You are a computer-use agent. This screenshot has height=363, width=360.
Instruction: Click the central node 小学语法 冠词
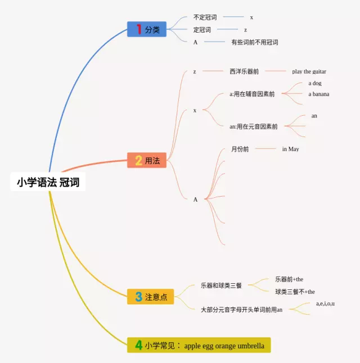tap(48, 182)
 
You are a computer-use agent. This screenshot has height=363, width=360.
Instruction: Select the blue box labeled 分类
tap(147, 29)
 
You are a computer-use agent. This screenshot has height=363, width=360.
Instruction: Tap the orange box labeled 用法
tap(147, 161)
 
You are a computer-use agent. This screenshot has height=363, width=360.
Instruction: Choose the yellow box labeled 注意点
tap(151, 297)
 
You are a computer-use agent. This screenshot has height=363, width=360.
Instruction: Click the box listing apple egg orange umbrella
tap(199, 346)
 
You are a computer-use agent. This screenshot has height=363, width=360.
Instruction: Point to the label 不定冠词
tap(205, 17)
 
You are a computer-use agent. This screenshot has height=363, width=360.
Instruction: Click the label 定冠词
tap(202, 30)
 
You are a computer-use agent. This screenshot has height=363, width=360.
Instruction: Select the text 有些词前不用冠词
tap(254, 42)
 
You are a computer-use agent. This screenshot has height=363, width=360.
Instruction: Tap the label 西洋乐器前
tap(244, 71)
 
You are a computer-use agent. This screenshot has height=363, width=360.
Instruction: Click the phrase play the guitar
tap(309, 71)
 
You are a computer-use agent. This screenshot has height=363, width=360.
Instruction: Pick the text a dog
tap(315, 83)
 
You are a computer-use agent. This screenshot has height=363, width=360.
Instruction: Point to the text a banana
tap(318, 94)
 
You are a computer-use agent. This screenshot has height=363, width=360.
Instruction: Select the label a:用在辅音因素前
tap(252, 94)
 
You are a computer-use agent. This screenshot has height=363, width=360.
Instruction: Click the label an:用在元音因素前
tap(253, 126)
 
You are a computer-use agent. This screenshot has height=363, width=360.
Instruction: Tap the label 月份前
tap(240, 149)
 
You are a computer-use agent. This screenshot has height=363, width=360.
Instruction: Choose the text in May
tap(290, 149)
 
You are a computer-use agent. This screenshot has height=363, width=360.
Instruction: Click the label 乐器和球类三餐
tap(221, 285)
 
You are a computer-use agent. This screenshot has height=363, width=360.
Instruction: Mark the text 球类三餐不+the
tap(295, 292)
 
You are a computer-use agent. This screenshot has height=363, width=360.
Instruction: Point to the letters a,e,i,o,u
tap(325, 303)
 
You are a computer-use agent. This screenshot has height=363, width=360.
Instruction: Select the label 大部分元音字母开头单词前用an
tap(241, 309)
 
